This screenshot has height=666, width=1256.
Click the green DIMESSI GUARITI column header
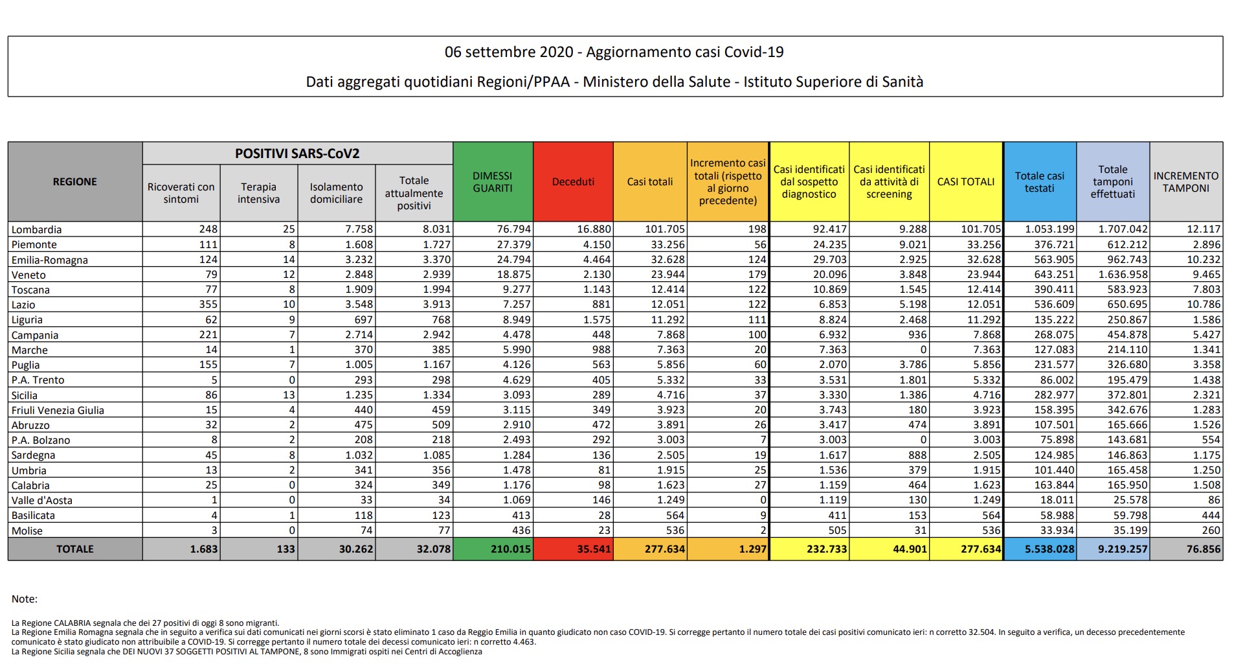click(492, 182)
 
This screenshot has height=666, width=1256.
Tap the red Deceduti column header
click(573, 182)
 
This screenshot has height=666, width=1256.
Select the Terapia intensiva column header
click(258, 193)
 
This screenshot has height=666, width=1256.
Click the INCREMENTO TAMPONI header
click(1185, 182)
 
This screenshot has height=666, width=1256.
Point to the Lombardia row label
click(37, 229)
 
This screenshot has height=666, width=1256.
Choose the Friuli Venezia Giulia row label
click(58, 410)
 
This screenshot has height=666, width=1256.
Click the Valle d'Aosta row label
click(42, 500)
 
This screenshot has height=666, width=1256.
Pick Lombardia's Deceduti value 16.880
click(594, 229)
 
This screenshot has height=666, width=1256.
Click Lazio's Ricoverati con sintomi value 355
click(208, 304)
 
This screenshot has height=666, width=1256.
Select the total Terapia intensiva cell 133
click(286, 549)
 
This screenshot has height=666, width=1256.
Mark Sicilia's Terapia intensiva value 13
click(289, 395)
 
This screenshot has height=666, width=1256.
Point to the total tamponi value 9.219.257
click(1123, 549)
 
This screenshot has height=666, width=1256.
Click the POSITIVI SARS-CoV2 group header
click(297, 154)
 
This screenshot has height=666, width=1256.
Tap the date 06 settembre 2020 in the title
click(509, 52)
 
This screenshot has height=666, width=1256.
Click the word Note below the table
click(25, 599)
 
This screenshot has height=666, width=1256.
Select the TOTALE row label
click(75, 549)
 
